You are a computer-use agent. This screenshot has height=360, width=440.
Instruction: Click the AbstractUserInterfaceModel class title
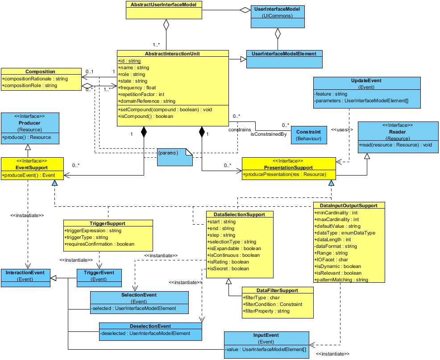pyautogui.click(x=164, y=4)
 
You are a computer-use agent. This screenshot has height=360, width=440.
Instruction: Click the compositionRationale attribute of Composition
pyautogui.click(x=35, y=79)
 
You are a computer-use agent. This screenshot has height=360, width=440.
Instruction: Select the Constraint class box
pyautogui.click(x=308, y=135)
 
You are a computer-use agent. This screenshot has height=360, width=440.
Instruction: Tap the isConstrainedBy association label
pyautogui.click(x=268, y=134)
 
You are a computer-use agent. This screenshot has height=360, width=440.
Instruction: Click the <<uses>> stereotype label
pyautogui.click(x=342, y=130)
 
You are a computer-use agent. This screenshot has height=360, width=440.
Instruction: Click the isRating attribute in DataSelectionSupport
pyautogui.click(x=228, y=262)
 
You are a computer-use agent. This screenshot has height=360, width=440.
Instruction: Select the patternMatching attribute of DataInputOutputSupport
pyautogui.click(x=341, y=280)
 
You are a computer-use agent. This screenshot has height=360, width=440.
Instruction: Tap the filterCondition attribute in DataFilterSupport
pyautogui.click(x=272, y=304)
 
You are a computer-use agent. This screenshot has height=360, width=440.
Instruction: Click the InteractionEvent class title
pyautogui.click(x=25, y=272)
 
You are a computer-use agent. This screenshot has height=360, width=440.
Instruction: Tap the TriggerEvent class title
pyautogui.click(x=99, y=272)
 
